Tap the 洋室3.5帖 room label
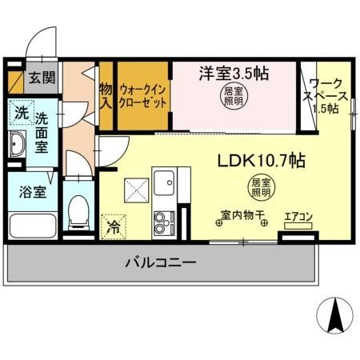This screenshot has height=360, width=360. click(x=233, y=73)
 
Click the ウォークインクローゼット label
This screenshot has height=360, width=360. click(x=144, y=97)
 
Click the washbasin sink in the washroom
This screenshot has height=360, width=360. click(x=18, y=146)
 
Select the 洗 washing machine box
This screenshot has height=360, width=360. click(x=20, y=113)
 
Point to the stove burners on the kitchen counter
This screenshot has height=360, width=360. click(x=163, y=221)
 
